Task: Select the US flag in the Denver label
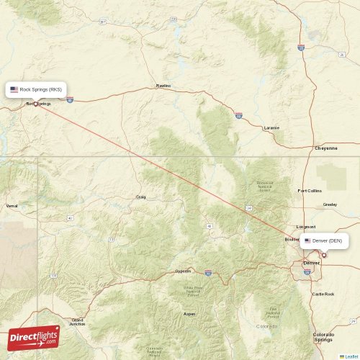307,240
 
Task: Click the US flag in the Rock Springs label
14,89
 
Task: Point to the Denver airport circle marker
324,254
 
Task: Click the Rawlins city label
163,86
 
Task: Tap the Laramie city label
271,127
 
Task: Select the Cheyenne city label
325,148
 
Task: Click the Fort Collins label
310,191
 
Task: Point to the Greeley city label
330,204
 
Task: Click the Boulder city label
292,239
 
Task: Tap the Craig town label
140,197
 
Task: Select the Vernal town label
12,206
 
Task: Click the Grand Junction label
77,322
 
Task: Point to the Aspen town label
189,314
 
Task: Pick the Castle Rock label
323,294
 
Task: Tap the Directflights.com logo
33,337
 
